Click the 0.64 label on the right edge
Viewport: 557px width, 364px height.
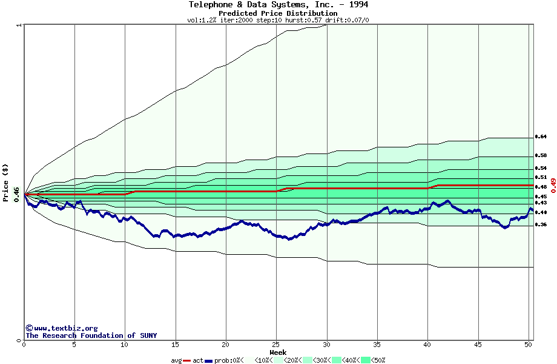(x=541, y=136)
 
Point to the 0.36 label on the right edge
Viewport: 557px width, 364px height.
(x=541, y=224)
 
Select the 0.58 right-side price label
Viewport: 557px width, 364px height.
(x=541, y=155)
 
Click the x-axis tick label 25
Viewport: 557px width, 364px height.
(x=276, y=345)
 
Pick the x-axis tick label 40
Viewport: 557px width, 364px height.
(x=427, y=345)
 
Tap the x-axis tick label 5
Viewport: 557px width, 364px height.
(x=74, y=345)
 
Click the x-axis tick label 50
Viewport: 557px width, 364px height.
(x=528, y=345)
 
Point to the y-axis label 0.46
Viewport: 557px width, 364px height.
(x=16, y=194)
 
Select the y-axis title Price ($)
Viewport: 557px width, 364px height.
(x=6, y=182)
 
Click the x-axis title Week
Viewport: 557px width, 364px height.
(x=278, y=352)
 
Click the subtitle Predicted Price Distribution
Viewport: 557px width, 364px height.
(x=278, y=13)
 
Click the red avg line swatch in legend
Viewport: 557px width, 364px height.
(x=188, y=360)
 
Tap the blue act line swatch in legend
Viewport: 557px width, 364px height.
(x=209, y=360)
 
